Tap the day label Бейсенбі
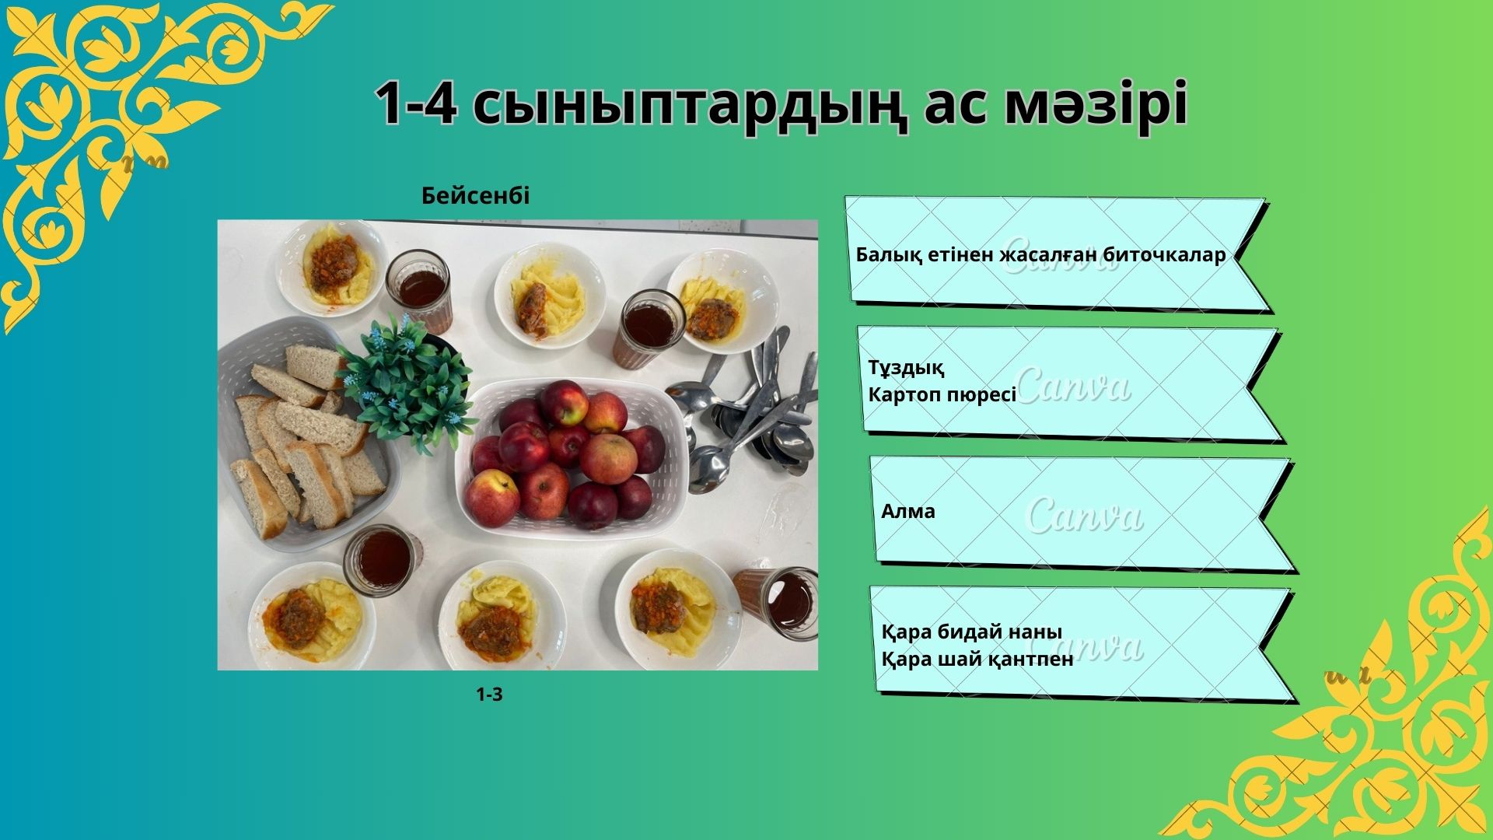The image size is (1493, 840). click(475, 195)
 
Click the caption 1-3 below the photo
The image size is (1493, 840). click(490, 695)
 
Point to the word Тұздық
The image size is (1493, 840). click(906, 368)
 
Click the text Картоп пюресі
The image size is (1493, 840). click(942, 395)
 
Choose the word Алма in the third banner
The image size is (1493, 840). click(908, 511)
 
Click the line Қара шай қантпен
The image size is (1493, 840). click(977, 659)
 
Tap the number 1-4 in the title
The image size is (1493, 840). click(416, 104)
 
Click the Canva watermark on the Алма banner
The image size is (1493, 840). click(1085, 515)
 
